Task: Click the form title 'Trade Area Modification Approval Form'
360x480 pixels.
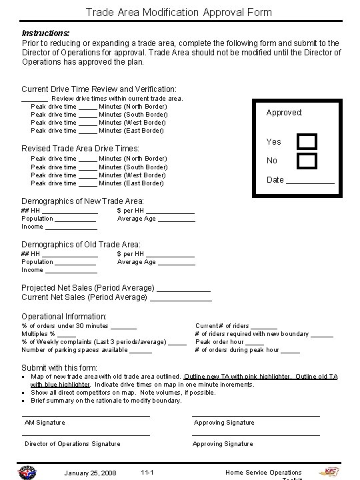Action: click(178, 12)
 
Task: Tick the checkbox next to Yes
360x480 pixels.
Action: click(307, 141)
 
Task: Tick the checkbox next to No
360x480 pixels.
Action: click(307, 161)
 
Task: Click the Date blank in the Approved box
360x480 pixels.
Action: click(310, 180)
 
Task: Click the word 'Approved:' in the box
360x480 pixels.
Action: click(285, 113)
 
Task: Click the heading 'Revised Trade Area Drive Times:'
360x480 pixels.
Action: click(81, 148)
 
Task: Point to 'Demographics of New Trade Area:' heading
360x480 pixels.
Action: click(83, 201)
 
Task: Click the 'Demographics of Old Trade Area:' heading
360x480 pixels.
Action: click(81, 245)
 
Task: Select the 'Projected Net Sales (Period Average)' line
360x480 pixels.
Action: click(116, 287)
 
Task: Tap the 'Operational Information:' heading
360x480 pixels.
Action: click(64, 316)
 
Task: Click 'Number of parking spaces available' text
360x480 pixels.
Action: click(74, 349)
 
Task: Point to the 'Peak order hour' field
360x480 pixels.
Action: click(229, 341)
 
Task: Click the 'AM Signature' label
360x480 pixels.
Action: click(45, 423)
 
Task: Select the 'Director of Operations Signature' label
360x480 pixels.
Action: click(73, 443)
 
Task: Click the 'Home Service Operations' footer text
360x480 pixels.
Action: click(263, 473)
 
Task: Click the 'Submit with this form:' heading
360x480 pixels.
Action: click(59, 367)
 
